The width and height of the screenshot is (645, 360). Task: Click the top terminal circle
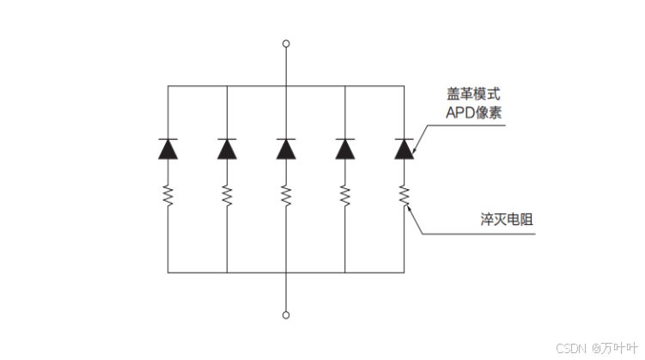[286, 43]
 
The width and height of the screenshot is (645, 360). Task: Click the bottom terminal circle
[286, 314]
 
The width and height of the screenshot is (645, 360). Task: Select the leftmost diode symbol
[167, 149]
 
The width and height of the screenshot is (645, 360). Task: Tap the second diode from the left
[227, 149]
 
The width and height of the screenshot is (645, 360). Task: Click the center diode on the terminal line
[286, 149]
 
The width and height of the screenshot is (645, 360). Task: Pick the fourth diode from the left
[345, 149]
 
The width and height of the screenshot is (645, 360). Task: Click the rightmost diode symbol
[404, 149]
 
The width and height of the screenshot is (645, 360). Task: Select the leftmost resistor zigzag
[167, 196]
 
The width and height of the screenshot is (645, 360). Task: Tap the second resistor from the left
[227, 196]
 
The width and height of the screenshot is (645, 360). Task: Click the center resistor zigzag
[286, 196]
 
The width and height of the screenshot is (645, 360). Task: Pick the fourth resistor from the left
[345, 196]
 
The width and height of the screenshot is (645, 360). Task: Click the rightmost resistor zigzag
[404, 196]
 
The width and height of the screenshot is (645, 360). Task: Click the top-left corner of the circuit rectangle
[167, 86]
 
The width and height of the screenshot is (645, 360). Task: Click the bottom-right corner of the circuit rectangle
[404, 272]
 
